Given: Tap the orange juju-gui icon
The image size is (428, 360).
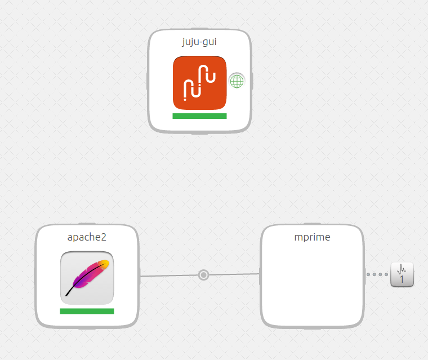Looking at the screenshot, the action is click(199, 82).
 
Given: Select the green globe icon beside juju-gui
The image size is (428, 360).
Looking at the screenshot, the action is click(237, 81).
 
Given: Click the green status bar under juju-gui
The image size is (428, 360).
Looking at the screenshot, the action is click(199, 116).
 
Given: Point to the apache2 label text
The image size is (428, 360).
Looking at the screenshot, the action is click(87, 237).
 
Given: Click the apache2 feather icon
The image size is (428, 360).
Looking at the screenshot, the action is click(87, 278).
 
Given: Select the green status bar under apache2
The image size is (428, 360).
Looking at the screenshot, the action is click(87, 311).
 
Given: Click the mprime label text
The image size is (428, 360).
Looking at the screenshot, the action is click(312, 237).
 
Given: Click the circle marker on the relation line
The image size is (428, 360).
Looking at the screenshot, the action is click(204, 275).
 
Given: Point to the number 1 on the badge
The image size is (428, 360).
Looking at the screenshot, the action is click(402, 279).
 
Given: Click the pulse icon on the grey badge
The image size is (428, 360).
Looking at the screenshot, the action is click(402, 269).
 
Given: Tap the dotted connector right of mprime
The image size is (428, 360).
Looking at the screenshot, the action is click(377, 275).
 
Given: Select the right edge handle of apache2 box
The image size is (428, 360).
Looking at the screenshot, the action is click(139, 276).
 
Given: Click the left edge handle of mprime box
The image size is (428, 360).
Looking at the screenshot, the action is click(260, 275).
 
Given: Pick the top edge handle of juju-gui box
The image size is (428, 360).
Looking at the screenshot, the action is click(199, 30).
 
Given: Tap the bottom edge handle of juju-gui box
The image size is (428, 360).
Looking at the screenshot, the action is click(199, 133).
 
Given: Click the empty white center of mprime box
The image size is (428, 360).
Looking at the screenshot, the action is click(312, 282).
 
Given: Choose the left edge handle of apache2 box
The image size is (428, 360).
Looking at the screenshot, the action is click(35, 276).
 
